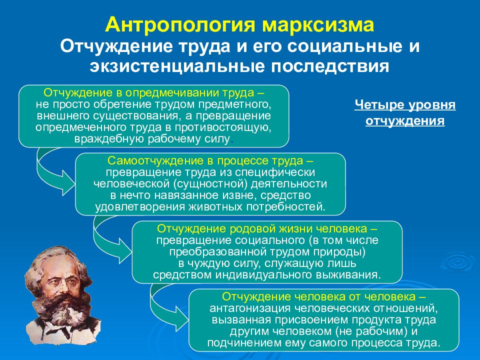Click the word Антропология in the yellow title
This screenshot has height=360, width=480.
[180, 25]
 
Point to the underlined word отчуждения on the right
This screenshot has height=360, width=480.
[404, 121]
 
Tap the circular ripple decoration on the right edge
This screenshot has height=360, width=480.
[457, 262]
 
